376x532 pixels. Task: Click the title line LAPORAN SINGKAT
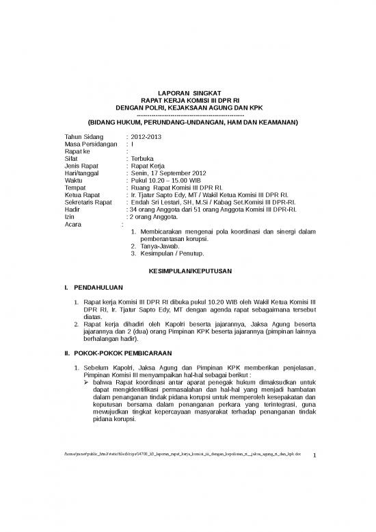(187, 92)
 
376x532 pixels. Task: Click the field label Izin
(69, 217)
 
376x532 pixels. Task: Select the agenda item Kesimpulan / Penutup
(172, 253)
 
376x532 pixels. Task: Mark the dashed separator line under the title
(187, 115)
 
